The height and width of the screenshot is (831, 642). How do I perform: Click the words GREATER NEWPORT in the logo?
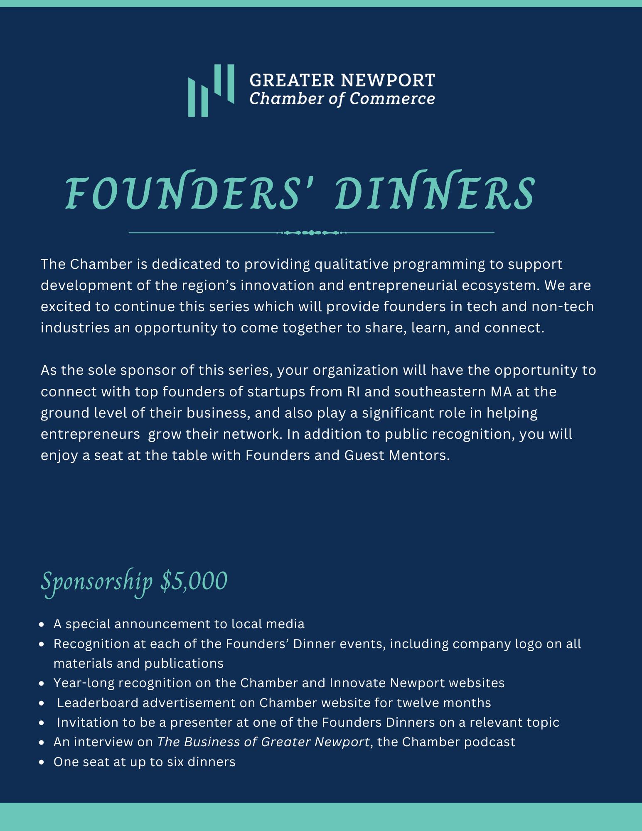click(342, 80)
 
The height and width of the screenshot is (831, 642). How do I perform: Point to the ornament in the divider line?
click(312, 233)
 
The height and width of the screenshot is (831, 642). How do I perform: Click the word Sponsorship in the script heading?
click(97, 582)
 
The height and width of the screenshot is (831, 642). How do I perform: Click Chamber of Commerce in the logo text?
click(342, 99)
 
